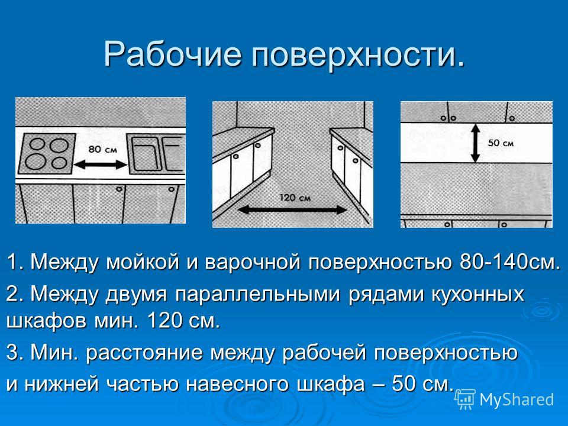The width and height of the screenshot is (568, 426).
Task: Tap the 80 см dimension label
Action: click(103, 149)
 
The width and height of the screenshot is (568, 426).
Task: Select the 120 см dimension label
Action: click(295, 198)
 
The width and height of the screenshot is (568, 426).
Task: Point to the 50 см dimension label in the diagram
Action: click(501, 143)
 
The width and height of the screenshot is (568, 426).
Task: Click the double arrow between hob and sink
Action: click(101, 165)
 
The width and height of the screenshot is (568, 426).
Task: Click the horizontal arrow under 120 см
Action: click(292, 209)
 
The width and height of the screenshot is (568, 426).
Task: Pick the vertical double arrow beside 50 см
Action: click(475, 143)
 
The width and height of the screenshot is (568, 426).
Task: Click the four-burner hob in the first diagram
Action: click(47, 154)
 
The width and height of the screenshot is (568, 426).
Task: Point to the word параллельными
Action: click(258, 294)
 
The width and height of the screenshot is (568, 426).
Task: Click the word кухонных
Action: click(477, 294)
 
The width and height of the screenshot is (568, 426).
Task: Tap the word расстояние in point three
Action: click(144, 353)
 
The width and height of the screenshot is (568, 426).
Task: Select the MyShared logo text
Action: click(517, 399)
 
